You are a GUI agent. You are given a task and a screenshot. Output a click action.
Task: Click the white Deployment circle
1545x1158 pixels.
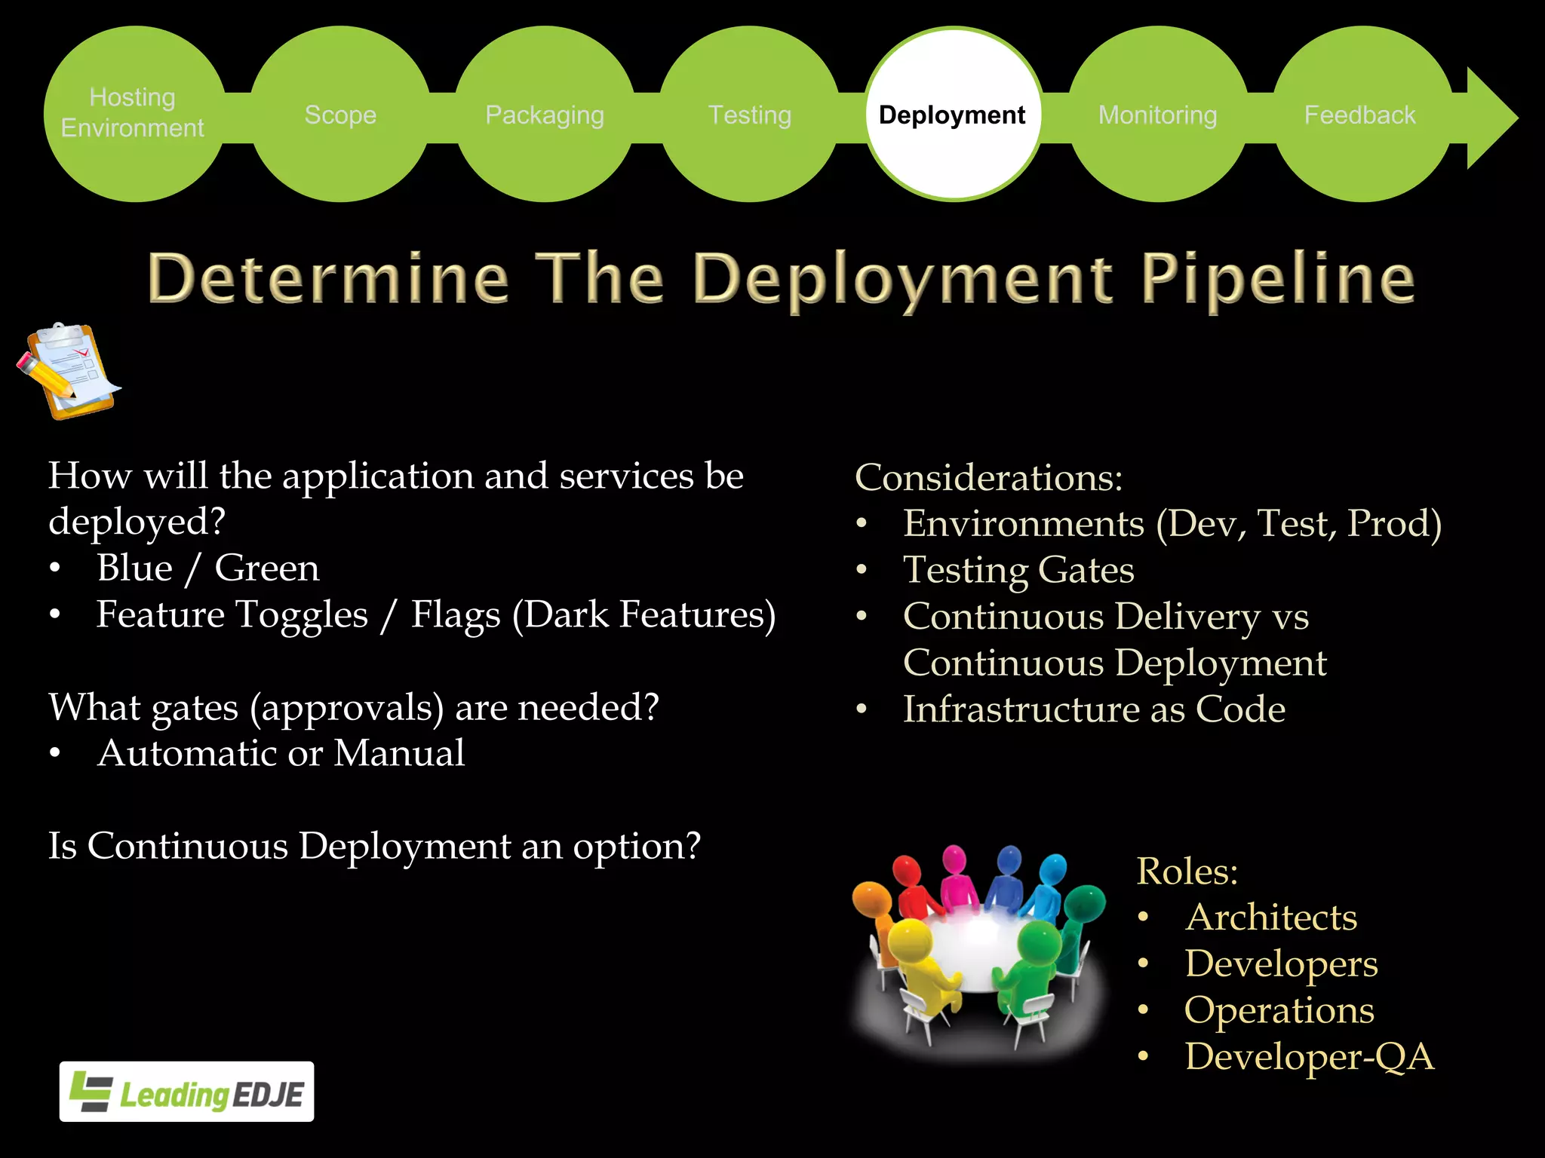[x=953, y=115]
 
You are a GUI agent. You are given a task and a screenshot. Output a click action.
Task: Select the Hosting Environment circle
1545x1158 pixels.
[x=134, y=114]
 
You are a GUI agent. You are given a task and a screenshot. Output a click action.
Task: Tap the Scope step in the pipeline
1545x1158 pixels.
[x=340, y=115]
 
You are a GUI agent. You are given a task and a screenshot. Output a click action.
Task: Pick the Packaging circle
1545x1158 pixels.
[x=544, y=115]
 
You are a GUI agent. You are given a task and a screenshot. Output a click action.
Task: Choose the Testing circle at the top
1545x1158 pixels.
[x=749, y=115]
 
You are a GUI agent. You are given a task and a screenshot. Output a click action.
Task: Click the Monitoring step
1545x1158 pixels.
[x=1157, y=115]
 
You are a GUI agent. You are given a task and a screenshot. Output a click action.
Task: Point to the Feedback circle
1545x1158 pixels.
[x=1360, y=115]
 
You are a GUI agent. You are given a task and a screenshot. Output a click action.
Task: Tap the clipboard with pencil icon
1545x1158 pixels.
[x=69, y=371]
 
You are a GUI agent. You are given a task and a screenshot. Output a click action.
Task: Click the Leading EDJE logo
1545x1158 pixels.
[x=186, y=1092]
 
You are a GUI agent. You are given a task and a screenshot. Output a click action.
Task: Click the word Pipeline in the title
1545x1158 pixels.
[x=1277, y=279]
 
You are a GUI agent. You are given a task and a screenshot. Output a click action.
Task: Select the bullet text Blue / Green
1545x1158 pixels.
[x=207, y=568]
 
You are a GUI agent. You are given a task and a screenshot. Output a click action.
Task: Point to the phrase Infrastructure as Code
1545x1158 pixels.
[x=1094, y=709]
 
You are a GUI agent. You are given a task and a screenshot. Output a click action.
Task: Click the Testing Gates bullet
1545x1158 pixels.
[x=1018, y=570]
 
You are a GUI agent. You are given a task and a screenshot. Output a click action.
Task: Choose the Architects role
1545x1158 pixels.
[x=1270, y=918]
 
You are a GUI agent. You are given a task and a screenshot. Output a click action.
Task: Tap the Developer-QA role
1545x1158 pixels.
[x=1309, y=1056]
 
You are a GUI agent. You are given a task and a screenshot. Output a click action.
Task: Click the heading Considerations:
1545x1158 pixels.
[x=988, y=478]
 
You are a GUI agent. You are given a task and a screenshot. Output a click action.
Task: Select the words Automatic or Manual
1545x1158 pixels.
[x=281, y=753]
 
